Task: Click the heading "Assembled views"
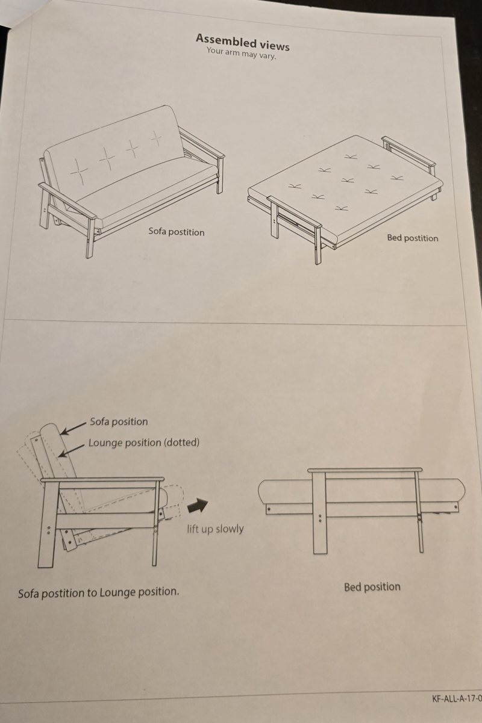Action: (x=243, y=42)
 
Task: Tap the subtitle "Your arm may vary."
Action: (x=242, y=53)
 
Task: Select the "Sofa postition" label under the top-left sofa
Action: (x=177, y=232)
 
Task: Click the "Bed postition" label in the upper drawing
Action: (x=413, y=238)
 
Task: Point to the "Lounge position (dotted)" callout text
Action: (x=144, y=442)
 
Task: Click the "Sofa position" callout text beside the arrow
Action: (x=119, y=421)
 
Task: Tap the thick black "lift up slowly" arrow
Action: (x=198, y=505)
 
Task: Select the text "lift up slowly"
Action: (x=215, y=529)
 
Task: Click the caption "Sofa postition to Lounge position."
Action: (x=99, y=592)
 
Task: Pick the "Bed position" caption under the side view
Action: (x=372, y=586)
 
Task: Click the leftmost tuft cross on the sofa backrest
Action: (x=79, y=171)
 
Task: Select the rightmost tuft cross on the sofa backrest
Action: (x=157, y=139)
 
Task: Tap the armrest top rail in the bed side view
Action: (x=365, y=470)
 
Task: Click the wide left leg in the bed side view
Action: (x=320, y=512)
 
